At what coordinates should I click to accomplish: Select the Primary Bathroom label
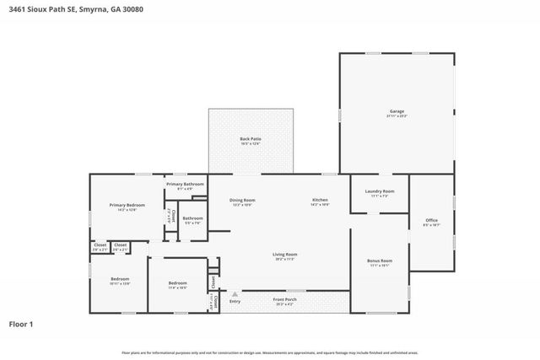(x=185, y=184)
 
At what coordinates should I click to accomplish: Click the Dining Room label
(x=242, y=200)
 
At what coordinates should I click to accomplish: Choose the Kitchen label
(x=319, y=200)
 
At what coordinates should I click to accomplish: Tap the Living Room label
(x=284, y=254)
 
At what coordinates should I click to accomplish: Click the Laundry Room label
(x=379, y=191)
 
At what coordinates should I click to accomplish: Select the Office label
(x=431, y=220)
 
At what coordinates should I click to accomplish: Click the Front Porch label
(x=283, y=299)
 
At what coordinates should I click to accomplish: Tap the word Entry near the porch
(x=235, y=301)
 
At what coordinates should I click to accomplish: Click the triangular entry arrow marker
(x=224, y=294)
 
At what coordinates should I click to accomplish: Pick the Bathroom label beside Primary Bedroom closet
(x=192, y=218)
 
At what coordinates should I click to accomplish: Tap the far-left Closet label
(x=100, y=245)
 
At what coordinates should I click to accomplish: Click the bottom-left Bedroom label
(x=120, y=278)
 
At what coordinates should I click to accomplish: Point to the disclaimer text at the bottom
(x=270, y=352)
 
